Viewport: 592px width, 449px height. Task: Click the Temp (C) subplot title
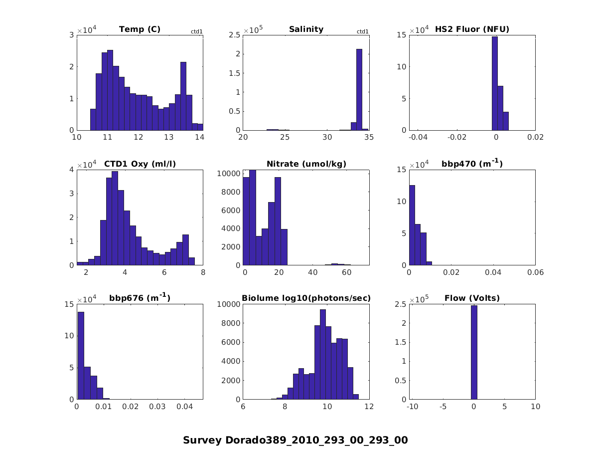pos(140,29)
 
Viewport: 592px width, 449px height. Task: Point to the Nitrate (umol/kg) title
pos(306,164)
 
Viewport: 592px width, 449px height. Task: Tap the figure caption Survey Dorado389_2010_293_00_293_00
pos(296,440)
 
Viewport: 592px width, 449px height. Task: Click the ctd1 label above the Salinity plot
pos(363,32)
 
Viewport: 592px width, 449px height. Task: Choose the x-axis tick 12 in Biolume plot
pos(369,407)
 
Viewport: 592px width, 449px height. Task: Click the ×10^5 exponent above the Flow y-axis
pos(420,300)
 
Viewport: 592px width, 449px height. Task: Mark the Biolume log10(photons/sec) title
pos(306,298)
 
